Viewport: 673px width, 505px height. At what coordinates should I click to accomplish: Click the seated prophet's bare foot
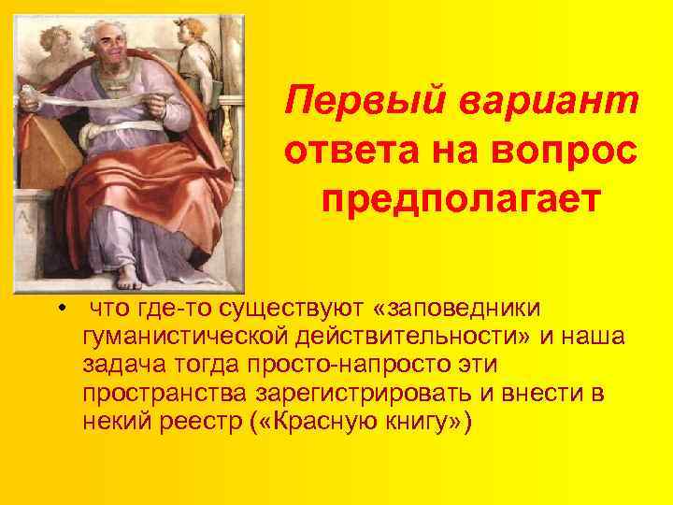point(131,277)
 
